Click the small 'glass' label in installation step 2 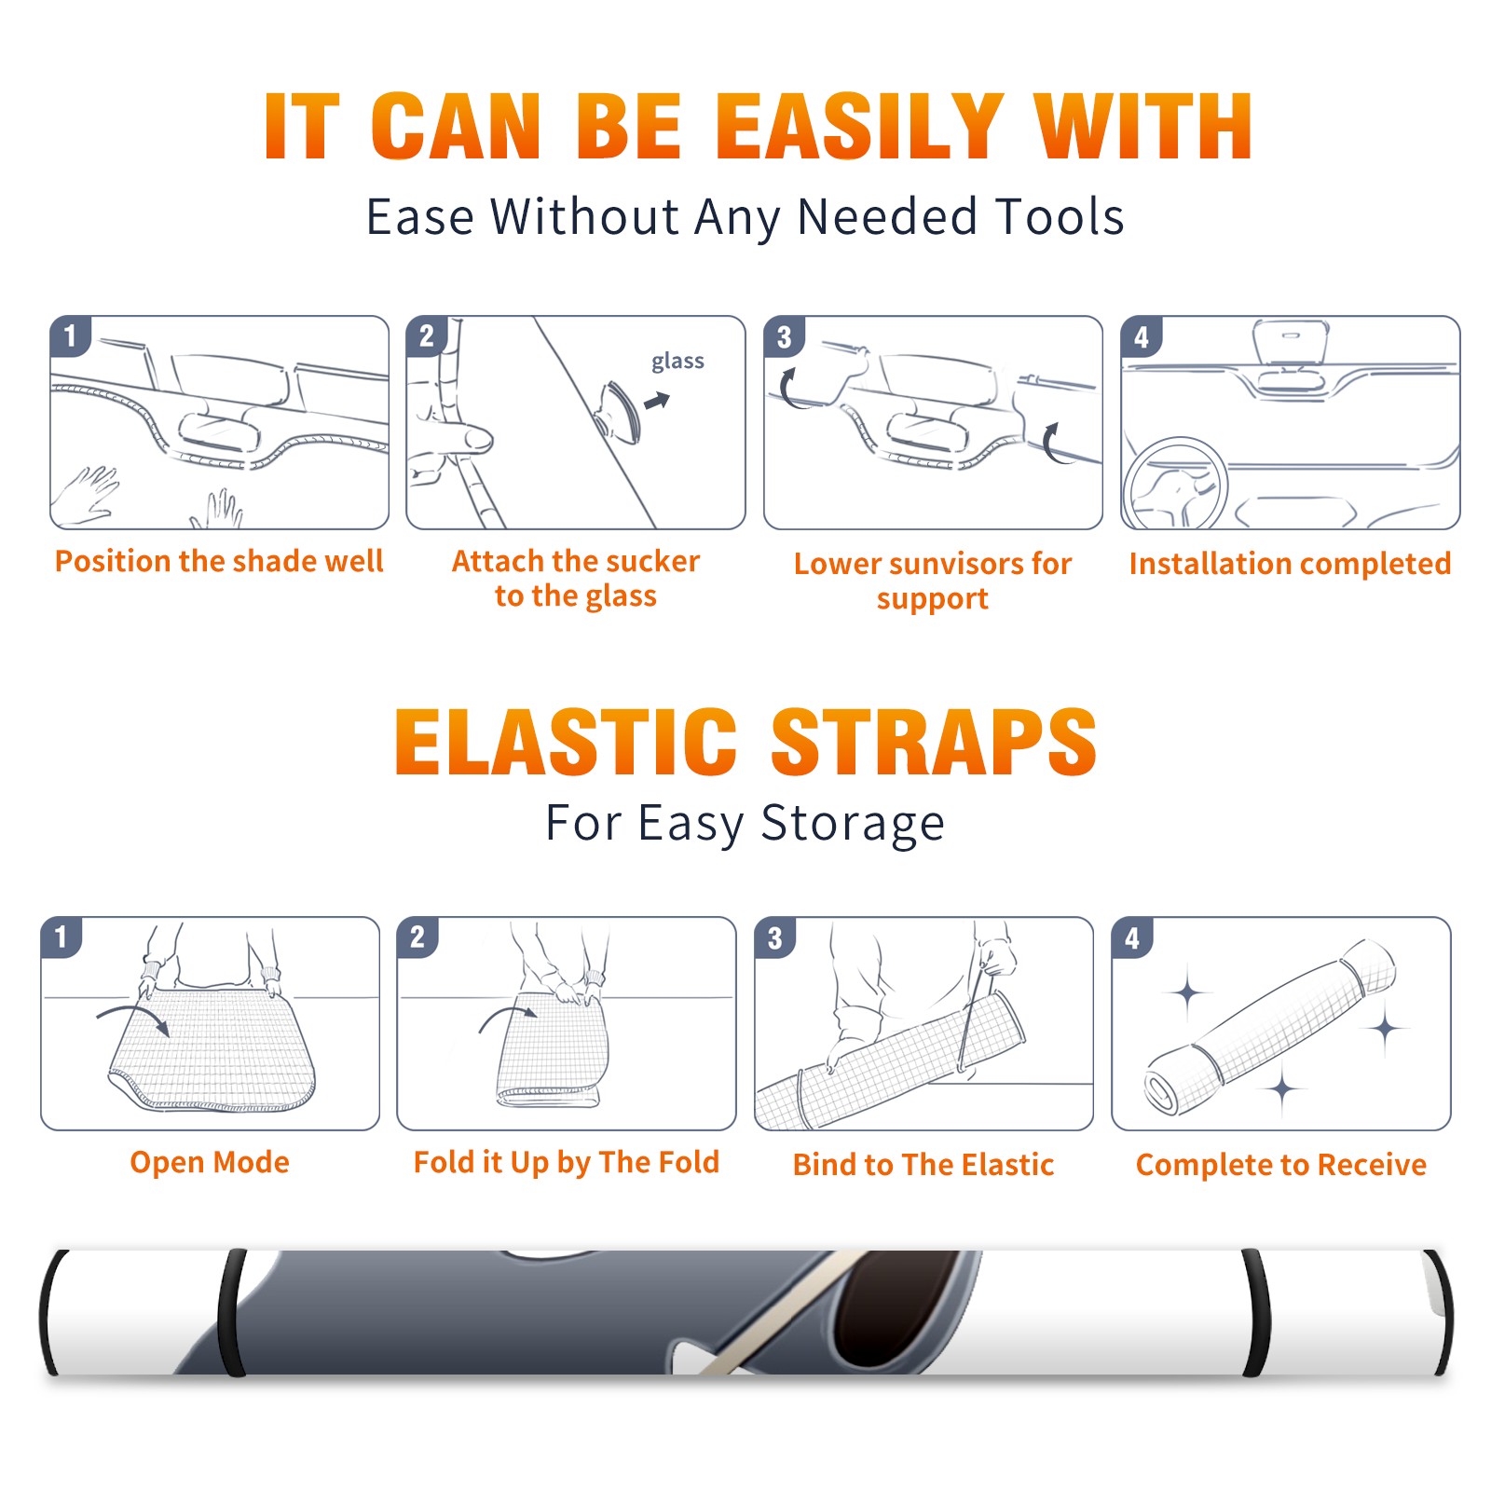pos(677,362)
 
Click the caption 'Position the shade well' pos(219,561)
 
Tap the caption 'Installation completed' pos(1290,564)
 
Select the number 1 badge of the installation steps pos(71,336)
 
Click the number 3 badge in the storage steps pos(775,937)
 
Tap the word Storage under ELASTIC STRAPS pos(853,824)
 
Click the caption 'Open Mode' pos(210,1162)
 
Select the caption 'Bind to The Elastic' pos(923,1165)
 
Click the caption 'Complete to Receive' pos(1281,1165)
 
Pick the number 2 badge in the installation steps pos(427,336)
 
